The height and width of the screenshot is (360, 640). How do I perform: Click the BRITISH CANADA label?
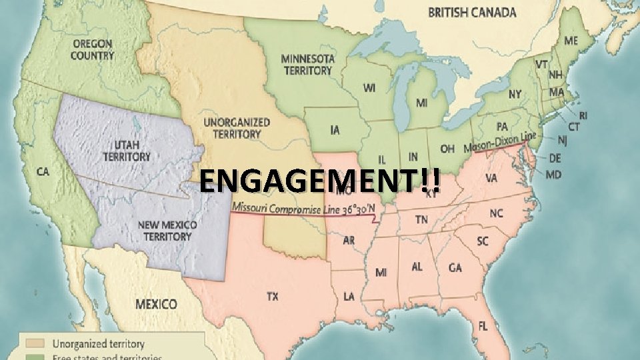472,12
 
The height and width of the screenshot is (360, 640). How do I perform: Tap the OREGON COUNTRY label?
92,49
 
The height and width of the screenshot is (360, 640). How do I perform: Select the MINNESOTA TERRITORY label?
307,64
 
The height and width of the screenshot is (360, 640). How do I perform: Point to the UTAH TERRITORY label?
127,150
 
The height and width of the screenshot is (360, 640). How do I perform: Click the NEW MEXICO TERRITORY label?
168,231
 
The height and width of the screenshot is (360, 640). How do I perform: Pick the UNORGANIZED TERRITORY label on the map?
237,128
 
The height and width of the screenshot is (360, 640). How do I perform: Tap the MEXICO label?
157,304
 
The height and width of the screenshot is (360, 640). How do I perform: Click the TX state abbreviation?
272,297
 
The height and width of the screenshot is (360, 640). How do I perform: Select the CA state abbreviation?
43,172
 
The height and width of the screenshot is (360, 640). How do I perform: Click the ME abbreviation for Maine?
571,41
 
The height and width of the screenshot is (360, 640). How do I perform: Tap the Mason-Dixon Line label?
500,142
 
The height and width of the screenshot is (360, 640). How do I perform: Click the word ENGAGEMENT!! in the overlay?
319,180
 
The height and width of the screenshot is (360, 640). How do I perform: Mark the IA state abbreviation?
335,129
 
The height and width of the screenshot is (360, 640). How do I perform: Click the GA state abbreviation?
455,268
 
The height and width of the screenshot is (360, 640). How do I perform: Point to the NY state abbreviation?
515,95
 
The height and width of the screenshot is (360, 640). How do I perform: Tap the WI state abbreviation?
369,87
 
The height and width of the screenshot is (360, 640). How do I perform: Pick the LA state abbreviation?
349,295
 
